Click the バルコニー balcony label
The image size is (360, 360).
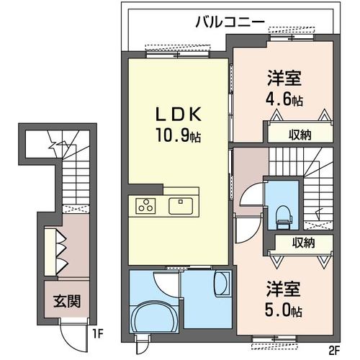(230, 22)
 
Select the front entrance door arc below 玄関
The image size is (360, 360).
(70, 334)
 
